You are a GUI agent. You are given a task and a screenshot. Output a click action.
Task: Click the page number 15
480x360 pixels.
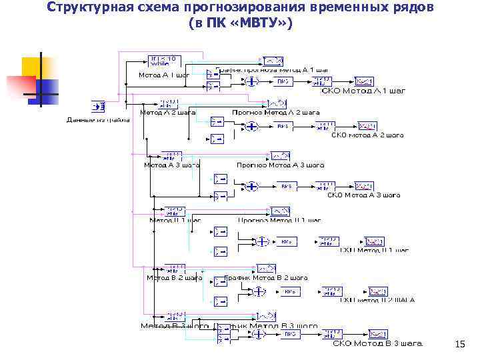click(x=459, y=344)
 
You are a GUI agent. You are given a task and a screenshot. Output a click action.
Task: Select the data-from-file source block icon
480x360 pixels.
click(x=98, y=107)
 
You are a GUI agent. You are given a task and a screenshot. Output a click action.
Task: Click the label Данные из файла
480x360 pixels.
click(x=98, y=120)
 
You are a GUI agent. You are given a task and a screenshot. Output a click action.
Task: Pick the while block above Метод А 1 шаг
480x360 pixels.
click(x=162, y=61)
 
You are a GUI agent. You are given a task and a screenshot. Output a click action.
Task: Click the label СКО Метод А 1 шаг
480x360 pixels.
click(x=363, y=90)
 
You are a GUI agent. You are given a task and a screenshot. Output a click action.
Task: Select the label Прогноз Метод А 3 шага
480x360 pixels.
click(x=280, y=165)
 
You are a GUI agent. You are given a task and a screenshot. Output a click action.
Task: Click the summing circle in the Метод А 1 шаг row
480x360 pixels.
click(x=251, y=81)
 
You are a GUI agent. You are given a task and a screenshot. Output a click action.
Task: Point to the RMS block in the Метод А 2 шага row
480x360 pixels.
click(x=283, y=125)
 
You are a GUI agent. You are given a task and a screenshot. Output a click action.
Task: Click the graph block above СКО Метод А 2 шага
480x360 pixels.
click(x=367, y=125)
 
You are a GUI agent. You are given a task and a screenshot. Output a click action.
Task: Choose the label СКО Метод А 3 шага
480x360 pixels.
click(x=363, y=195)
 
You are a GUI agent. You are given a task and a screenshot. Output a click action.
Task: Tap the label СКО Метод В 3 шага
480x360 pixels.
click(x=377, y=343)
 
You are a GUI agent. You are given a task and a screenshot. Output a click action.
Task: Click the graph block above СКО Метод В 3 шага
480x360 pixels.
click(x=377, y=333)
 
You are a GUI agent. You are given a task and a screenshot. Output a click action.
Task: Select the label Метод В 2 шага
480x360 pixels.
click(x=175, y=278)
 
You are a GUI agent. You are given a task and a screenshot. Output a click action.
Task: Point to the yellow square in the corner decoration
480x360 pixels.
click(x=32, y=67)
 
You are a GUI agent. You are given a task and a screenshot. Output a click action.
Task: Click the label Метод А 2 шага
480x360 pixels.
click(x=167, y=112)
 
